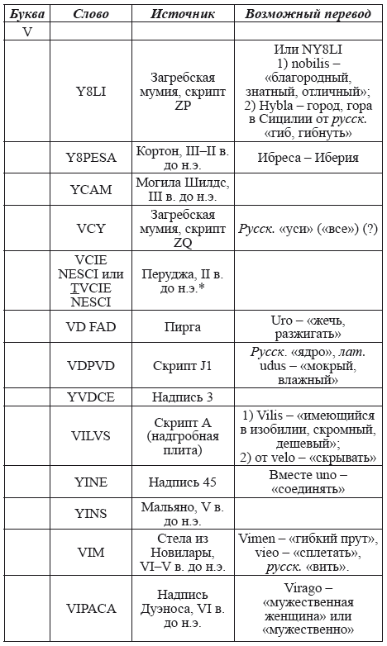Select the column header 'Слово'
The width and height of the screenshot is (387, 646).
click(91, 14)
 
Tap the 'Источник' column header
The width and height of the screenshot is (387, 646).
click(183, 14)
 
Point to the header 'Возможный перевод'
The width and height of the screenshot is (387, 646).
click(306, 14)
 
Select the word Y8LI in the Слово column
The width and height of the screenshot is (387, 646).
click(91, 91)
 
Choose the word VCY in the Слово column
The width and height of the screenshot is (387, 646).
click(91, 229)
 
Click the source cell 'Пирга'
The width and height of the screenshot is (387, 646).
click(183, 327)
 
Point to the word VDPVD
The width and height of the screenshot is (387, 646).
click(91, 365)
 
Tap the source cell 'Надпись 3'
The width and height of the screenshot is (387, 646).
click(183, 397)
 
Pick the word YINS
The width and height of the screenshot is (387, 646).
click(91, 513)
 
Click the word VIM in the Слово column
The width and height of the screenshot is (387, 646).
click(91, 553)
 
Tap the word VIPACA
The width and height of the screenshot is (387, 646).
click(91, 609)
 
